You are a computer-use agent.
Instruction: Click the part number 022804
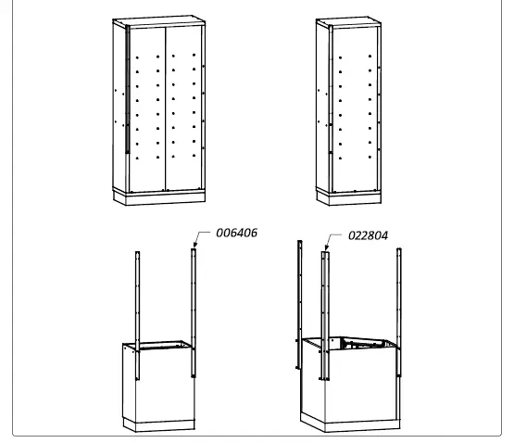[369, 235]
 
